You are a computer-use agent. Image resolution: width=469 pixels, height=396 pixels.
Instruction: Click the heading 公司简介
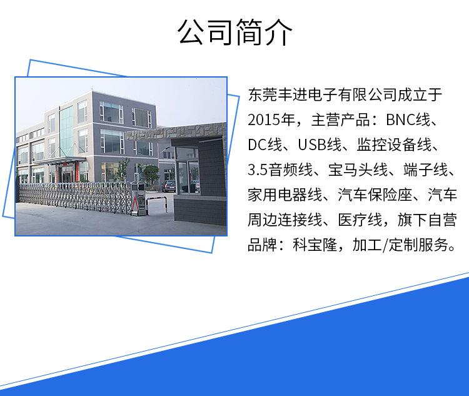click(x=234, y=32)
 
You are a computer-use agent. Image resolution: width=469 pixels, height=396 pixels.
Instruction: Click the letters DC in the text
click(x=257, y=145)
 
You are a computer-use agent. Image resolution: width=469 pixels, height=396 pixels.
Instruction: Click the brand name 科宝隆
click(x=315, y=245)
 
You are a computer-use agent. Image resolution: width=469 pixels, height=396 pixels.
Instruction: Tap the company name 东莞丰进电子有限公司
click(x=323, y=95)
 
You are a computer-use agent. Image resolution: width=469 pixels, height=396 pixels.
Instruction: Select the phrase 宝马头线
click(x=358, y=170)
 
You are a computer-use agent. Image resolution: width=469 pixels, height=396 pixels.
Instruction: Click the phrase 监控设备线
click(x=394, y=145)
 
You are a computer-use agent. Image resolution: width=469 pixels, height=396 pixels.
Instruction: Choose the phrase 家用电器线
click(x=285, y=195)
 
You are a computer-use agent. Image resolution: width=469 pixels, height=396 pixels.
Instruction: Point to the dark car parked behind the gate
click(x=169, y=186)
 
